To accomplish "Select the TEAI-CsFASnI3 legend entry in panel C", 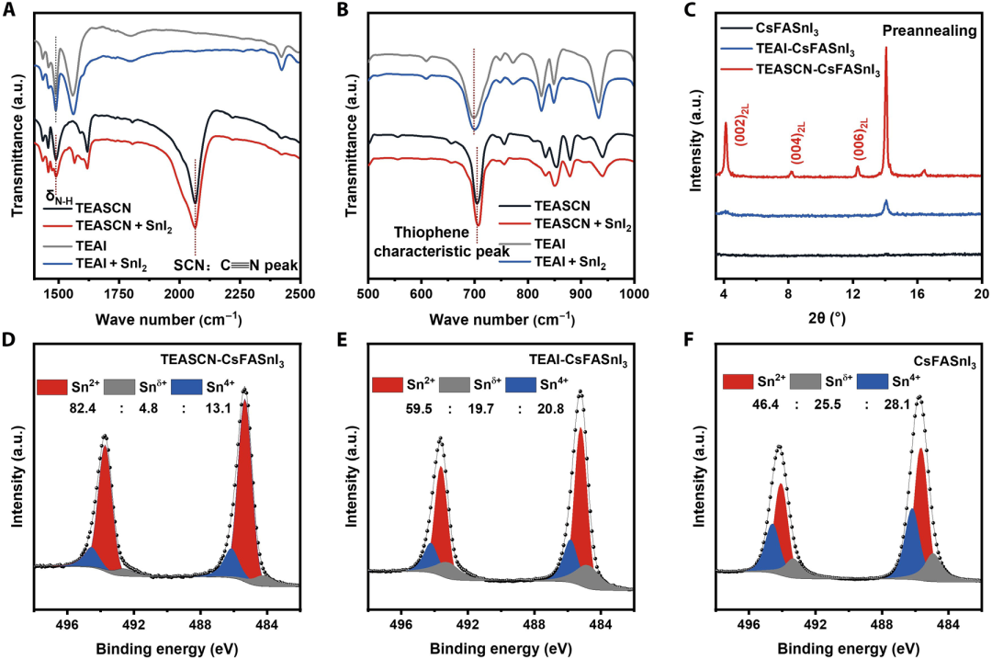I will tap(801, 50).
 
